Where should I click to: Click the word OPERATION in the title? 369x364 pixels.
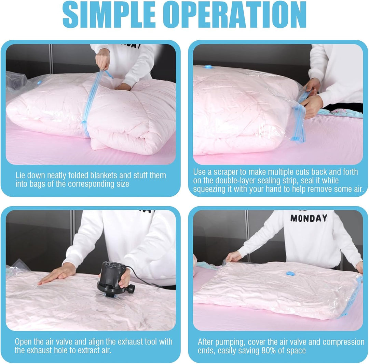[235, 15]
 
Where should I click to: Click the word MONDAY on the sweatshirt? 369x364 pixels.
[309, 218]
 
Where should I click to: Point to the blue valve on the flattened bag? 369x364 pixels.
[290, 273]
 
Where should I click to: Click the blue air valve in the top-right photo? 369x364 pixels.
[208, 67]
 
